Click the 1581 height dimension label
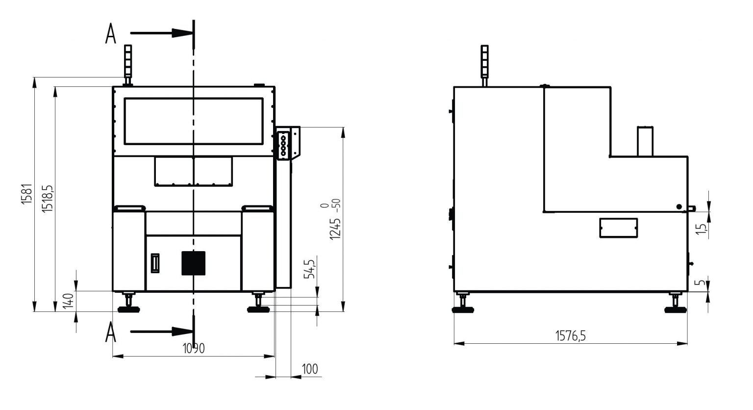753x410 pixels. (26, 194)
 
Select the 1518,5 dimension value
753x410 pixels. (48, 199)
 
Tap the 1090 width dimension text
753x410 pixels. (194, 348)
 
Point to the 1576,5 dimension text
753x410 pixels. (571, 335)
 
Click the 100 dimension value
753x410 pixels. (310, 369)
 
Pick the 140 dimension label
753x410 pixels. (68, 301)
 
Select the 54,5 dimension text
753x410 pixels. (309, 269)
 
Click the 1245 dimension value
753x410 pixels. (335, 229)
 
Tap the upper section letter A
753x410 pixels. (111, 33)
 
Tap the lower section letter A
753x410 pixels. (111, 332)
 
